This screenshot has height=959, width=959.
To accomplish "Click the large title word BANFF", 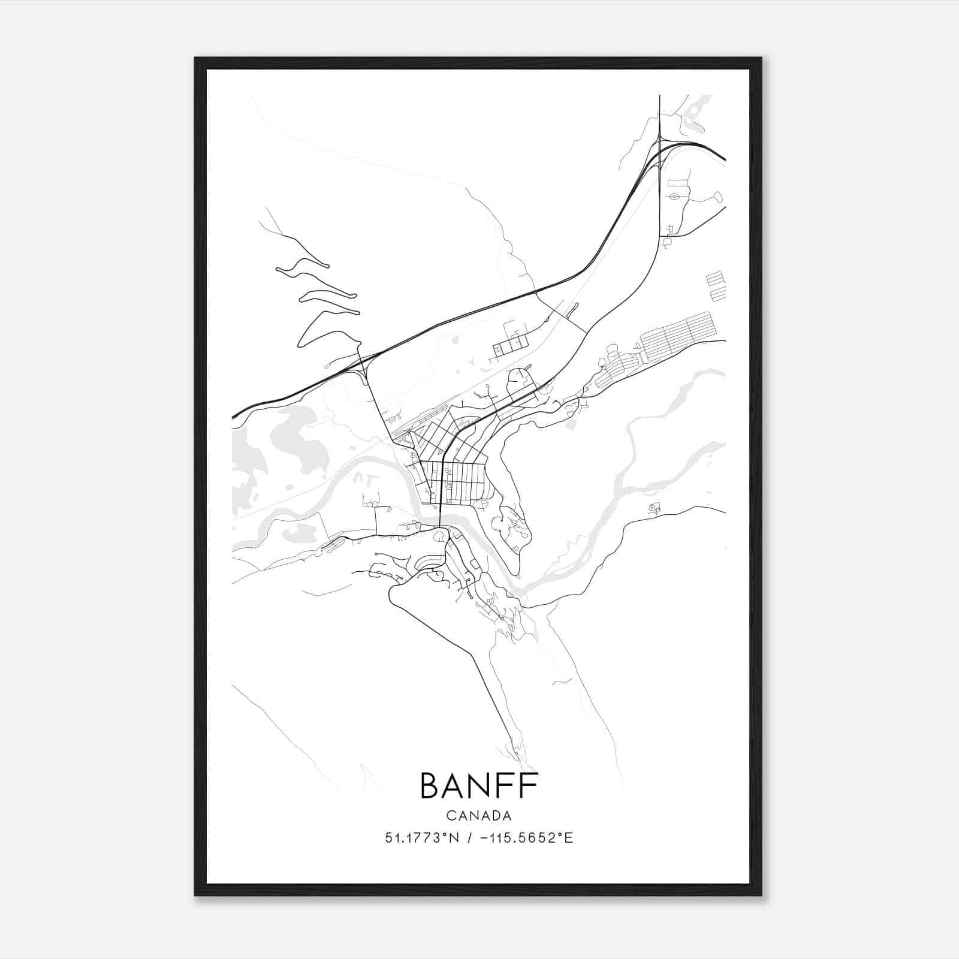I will (479, 786).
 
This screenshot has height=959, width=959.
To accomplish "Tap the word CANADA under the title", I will (479, 816).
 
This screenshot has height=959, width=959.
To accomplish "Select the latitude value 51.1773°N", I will (422, 838).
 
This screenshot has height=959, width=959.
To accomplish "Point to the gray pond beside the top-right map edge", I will (695, 114).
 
